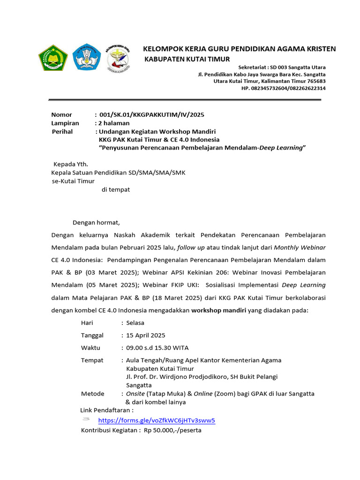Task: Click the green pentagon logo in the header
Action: click(53, 58)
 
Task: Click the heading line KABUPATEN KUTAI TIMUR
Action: click(187, 59)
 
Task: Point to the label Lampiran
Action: click(65, 123)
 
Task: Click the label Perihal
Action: click(62, 131)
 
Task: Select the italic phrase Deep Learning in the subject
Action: click(281, 148)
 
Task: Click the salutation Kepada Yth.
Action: click(71, 165)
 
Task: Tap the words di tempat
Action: click(116, 190)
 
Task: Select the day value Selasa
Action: click(135, 323)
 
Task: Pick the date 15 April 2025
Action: click(145, 335)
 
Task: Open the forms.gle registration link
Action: click(157, 420)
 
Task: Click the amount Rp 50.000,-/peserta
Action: click(172, 430)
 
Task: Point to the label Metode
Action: click(93, 394)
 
